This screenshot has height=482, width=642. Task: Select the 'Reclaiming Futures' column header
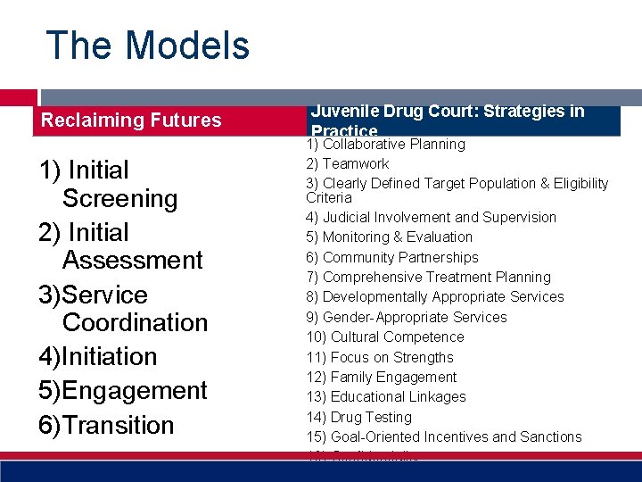[132, 120]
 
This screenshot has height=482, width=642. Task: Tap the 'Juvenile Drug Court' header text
[446, 112]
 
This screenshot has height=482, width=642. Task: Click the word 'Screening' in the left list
[120, 198]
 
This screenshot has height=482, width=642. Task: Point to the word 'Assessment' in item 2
[133, 261]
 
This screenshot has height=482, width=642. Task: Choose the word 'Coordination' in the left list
[136, 322]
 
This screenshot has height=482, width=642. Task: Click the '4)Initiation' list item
[98, 357]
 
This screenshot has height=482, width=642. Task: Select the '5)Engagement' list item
[123, 391]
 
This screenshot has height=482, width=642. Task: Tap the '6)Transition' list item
[106, 426]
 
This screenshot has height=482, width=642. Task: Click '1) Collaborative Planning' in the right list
[385, 145]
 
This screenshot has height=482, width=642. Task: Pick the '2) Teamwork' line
[348, 164]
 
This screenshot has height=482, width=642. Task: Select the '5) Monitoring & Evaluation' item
[389, 237]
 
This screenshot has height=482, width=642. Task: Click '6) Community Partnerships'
[391, 258]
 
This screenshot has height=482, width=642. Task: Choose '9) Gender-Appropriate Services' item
[406, 318]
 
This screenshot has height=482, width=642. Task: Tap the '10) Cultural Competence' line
[384, 337]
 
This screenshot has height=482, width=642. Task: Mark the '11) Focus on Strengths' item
[380, 358]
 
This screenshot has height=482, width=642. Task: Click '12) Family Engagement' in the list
[381, 378]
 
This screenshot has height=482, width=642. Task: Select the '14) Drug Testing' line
[358, 418]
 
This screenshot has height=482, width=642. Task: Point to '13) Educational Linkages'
[385, 397]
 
